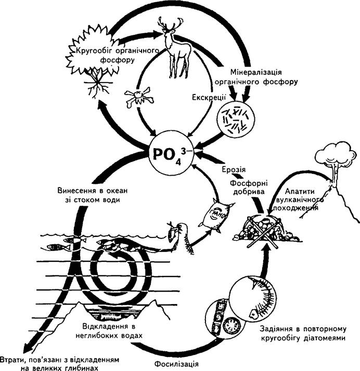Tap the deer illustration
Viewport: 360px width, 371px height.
point(175,47)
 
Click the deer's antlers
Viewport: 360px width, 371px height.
point(171,23)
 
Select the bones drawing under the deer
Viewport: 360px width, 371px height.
point(139,98)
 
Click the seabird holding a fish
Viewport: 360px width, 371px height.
point(180,238)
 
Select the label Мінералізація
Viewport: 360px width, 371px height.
point(256,72)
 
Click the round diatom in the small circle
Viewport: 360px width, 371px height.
point(232,326)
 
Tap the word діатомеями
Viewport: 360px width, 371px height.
point(324,338)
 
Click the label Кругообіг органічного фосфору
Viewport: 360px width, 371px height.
point(117,55)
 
